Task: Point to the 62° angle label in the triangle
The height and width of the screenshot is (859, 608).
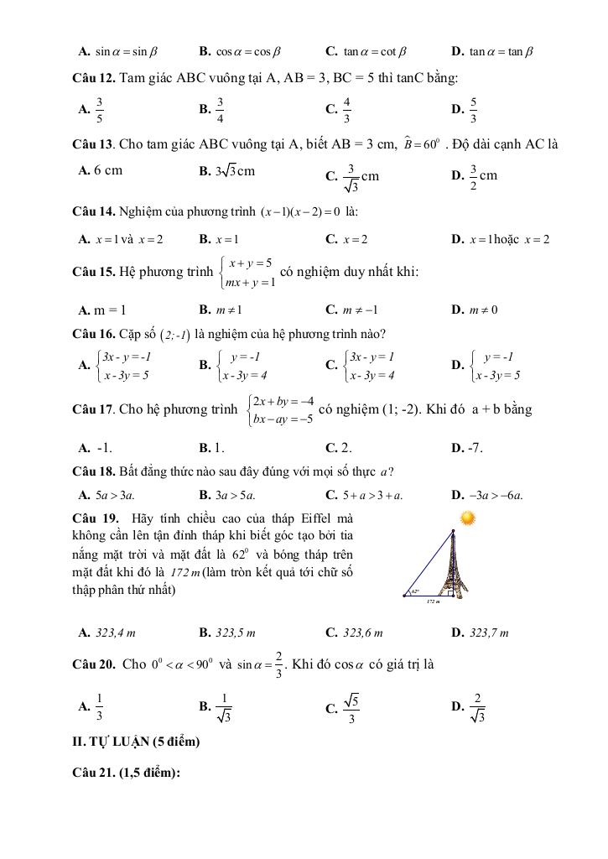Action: [415, 591]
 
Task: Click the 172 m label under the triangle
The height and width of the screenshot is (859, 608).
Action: [433, 601]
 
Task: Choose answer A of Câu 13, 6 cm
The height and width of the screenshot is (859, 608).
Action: [100, 170]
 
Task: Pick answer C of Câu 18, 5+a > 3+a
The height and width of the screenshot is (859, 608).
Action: [365, 494]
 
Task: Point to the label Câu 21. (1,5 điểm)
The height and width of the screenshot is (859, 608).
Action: [127, 773]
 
